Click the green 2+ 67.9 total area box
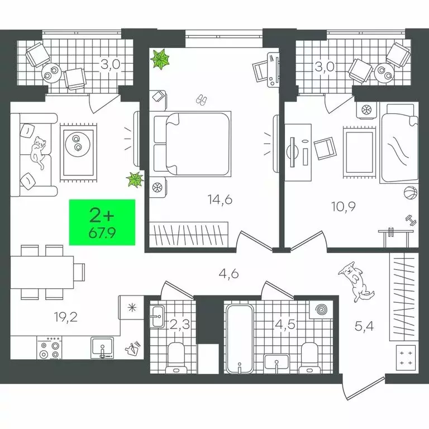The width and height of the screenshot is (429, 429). coord(102,222)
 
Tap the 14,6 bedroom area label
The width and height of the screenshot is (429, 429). coord(220,199)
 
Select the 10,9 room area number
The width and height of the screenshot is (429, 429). coord(344,207)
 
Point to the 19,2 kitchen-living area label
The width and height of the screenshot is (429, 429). coord(66,317)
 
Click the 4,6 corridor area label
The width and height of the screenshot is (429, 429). coord(229,274)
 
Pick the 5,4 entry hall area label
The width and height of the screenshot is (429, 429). coord(364,326)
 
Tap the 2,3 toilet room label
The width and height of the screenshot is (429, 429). coord(180,325)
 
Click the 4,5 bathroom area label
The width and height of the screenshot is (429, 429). coord(285,325)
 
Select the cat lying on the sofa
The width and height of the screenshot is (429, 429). coord(39,152)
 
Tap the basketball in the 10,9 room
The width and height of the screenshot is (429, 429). coord(411,193)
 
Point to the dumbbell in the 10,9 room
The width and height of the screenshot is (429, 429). coord(411,221)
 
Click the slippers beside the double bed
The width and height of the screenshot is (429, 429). coord(202,100)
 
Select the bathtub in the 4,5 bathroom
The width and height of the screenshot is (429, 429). coord(240,339)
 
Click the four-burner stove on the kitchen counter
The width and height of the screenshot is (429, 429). coord(49,347)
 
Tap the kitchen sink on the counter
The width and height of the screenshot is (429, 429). coord(102,347)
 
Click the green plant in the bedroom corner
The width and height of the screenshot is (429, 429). coord(160,59)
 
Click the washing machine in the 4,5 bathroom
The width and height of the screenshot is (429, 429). coord(321,309)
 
